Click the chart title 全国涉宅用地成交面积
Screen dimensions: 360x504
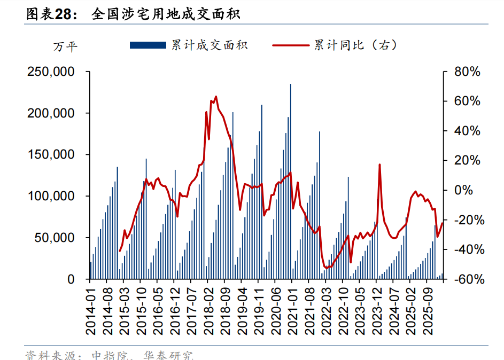pos(165,13)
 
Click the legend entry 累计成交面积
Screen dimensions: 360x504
pos(209,45)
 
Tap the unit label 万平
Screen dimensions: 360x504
pos(65,47)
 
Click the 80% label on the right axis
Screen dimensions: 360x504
pos(468,72)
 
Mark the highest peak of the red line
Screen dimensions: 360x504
pos(215,97)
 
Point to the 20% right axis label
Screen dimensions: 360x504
pos(468,160)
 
